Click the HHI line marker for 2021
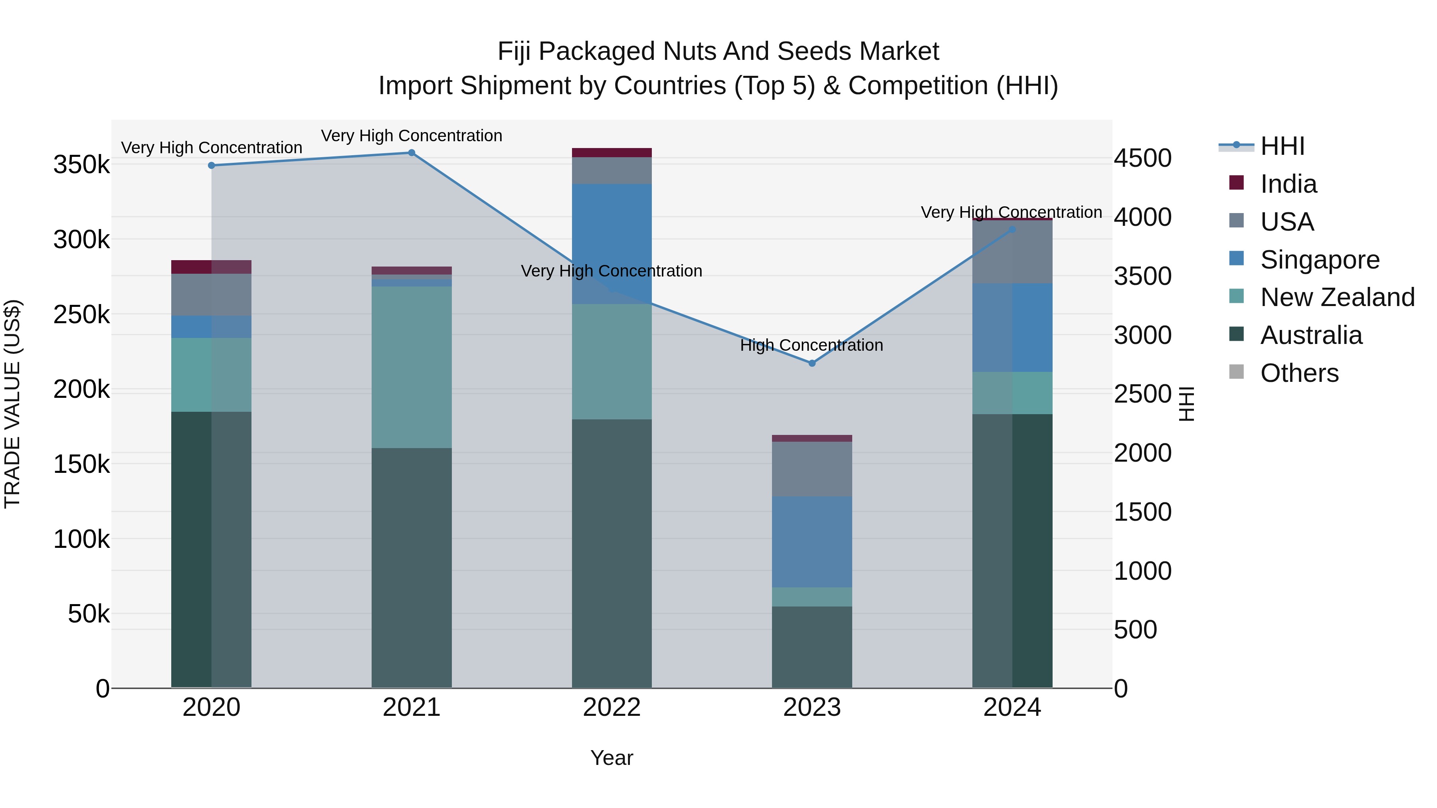411,153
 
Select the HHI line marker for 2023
812,363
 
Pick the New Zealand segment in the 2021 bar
411,367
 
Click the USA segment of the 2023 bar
812,468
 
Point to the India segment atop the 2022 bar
612,152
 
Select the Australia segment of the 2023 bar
812,647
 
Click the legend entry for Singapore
1319,260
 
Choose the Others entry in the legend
1298,373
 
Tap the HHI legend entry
1282,146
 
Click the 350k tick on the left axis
81,165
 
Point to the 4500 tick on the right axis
1142,158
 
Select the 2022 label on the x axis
612,707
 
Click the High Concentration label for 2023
811,345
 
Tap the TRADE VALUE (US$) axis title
12,404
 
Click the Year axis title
612,758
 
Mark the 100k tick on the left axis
81,539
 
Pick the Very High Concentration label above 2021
411,136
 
